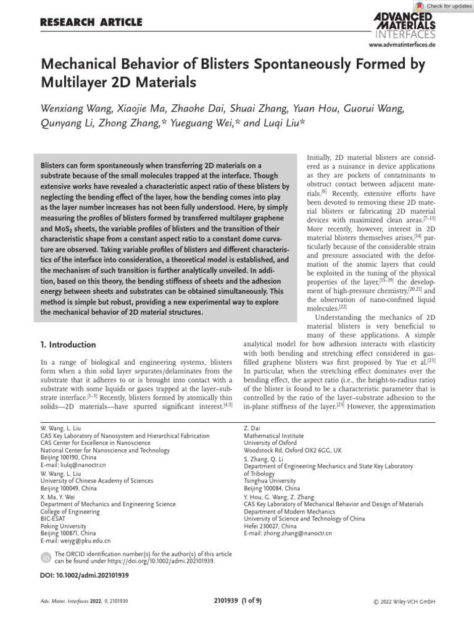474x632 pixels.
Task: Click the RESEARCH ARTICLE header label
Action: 91,23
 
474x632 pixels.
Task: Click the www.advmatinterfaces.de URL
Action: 402,46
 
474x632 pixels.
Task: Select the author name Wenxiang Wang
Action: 73,109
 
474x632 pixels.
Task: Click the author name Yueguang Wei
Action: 209,124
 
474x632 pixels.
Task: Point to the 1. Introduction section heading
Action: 69,344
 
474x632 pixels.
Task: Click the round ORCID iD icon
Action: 46,557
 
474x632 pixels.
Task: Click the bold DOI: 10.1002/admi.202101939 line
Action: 85,575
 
